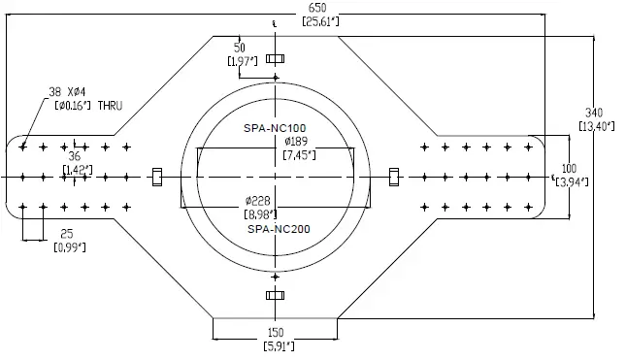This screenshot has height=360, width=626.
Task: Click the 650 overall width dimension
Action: coord(316,7)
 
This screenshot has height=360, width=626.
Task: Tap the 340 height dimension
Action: coord(593,112)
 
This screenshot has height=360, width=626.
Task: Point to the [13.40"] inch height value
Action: coord(594,126)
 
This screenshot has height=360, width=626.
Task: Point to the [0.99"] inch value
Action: coord(69,247)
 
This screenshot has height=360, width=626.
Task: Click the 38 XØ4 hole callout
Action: coord(69,92)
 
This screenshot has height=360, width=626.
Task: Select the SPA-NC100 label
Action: coord(275,128)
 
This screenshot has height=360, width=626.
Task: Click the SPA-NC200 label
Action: coord(278,230)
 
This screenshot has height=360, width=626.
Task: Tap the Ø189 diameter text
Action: coord(297,141)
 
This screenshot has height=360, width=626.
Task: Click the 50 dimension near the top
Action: coord(240,47)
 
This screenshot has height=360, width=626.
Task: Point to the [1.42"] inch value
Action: coord(78,170)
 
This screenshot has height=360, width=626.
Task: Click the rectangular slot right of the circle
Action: coord(394,176)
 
